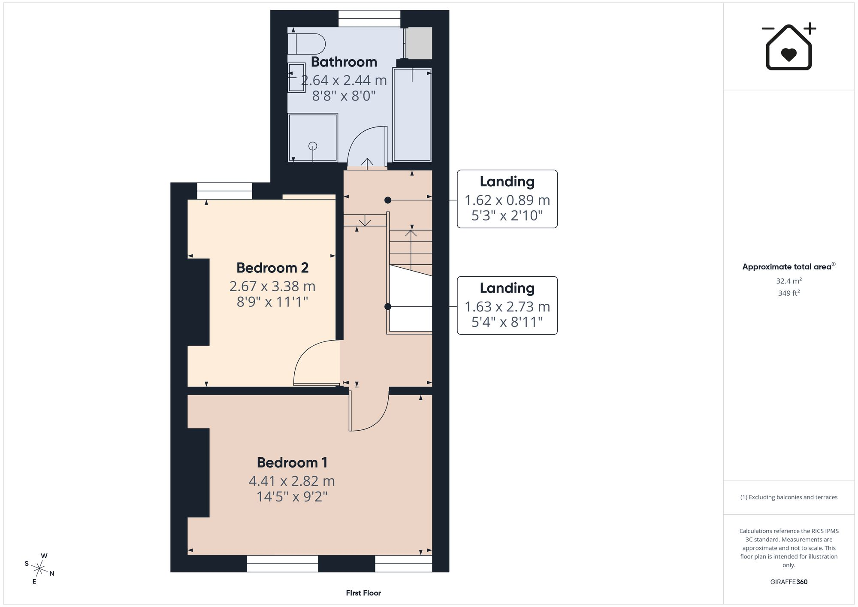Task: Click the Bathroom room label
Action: [x=344, y=62]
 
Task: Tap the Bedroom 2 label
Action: [x=272, y=268]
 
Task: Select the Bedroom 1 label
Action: [x=292, y=462]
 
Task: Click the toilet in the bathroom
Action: [x=306, y=44]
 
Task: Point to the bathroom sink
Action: [x=296, y=78]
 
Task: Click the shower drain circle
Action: [x=313, y=146]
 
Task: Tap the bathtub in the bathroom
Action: [x=412, y=115]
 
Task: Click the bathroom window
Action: [x=369, y=18]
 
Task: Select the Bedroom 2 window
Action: [x=224, y=191]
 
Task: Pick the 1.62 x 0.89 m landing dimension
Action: [x=507, y=200]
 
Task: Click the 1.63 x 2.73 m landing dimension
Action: [x=507, y=307]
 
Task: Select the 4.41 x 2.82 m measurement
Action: [x=292, y=481]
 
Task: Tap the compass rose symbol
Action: [x=39, y=569]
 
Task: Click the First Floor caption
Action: [x=363, y=593]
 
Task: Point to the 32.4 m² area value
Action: [x=789, y=281]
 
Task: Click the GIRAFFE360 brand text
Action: [x=789, y=582]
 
